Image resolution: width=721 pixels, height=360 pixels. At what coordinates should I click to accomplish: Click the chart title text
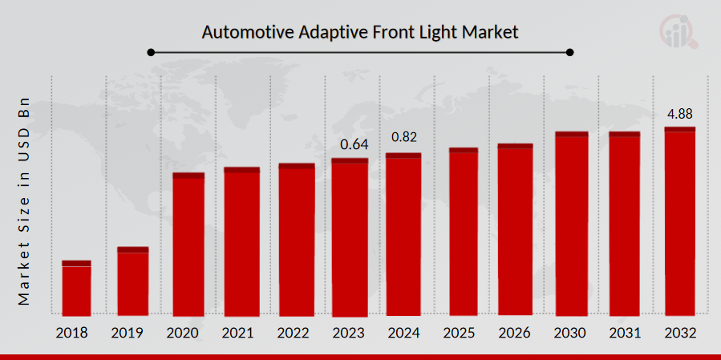(x=360, y=33)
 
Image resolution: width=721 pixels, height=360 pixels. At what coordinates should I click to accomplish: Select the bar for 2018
(x=76, y=288)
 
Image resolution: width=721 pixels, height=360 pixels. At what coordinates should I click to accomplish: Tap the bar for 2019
(x=132, y=281)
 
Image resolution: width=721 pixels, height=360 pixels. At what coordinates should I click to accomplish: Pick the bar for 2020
(x=188, y=245)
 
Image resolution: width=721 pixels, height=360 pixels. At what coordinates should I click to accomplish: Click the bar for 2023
(x=350, y=237)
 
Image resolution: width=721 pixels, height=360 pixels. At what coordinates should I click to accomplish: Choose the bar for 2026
(x=515, y=230)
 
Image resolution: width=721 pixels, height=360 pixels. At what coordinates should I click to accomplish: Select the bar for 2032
(x=679, y=221)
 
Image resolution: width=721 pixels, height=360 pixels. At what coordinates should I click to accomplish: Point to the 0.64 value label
(x=354, y=145)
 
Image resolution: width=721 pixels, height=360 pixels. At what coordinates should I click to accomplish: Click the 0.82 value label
(x=404, y=137)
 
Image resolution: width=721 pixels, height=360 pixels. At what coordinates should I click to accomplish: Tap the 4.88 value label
(x=679, y=113)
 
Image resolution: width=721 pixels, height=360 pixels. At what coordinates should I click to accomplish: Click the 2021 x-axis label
(x=241, y=332)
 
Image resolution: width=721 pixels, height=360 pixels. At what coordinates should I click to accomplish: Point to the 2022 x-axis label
(x=296, y=332)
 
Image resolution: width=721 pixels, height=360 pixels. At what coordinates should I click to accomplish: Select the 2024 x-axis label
(x=403, y=332)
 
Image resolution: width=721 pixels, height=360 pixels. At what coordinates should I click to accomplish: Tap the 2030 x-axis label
(x=570, y=332)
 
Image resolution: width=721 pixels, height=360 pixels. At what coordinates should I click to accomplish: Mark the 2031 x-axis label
(x=624, y=332)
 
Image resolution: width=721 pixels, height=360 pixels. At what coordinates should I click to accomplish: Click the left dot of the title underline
(x=150, y=53)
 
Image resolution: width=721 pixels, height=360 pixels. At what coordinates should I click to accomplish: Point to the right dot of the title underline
(x=570, y=53)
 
